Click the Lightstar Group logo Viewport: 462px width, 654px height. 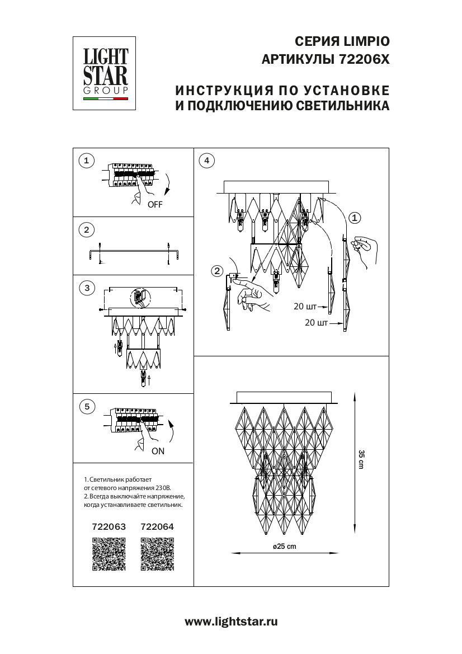coord(106,73)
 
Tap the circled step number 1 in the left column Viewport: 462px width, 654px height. coord(86,161)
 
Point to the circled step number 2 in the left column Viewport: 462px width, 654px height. coord(86,229)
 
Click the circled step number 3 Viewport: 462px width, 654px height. coord(86,288)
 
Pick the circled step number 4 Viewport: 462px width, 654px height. coord(206,161)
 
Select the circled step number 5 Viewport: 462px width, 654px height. coord(86,406)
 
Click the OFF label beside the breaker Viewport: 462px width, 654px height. coord(155,205)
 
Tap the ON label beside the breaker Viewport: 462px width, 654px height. coord(158,451)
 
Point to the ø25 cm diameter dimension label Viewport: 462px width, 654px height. coord(284,547)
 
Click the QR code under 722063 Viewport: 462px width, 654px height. coord(109,554)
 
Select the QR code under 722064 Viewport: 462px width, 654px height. coord(157,554)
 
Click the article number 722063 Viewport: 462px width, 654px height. coord(109,527)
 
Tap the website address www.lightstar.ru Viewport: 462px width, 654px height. coord(230,621)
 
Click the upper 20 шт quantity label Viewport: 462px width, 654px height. coord(305,307)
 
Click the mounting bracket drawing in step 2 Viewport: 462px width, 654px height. coord(133,253)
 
